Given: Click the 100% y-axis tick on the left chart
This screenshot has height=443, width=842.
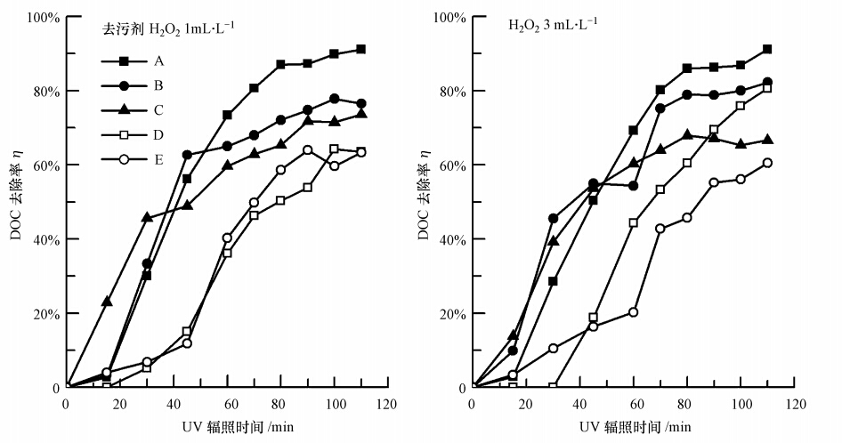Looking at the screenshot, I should pyautogui.click(x=42, y=17).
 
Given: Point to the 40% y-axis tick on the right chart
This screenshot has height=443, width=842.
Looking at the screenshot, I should pyautogui.click(x=452, y=239).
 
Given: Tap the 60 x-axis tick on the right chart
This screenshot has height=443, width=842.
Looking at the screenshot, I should pyautogui.click(x=634, y=405).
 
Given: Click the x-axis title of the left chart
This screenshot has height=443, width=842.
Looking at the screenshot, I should pyautogui.click(x=227, y=427).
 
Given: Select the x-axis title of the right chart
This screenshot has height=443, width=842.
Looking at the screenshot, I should pyautogui.click(x=634, y=427).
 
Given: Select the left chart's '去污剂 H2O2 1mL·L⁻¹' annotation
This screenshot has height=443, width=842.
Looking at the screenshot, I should pyautogui.click(x=166, y=29).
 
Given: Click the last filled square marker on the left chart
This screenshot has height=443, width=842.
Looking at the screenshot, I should pyautogui.click(x=360, y=49).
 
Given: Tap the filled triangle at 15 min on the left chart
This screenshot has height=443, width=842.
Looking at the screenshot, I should pyautogui.click(x=107, y=302).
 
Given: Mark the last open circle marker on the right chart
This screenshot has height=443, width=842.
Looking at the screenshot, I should pyautogui.click(x=767, y=163).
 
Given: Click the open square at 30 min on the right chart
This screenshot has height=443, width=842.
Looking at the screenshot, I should pyautogui.click(x=553, y=387).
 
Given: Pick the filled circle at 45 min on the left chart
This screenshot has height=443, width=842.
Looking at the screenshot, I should pyautogui.click(x=187, y=155).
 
